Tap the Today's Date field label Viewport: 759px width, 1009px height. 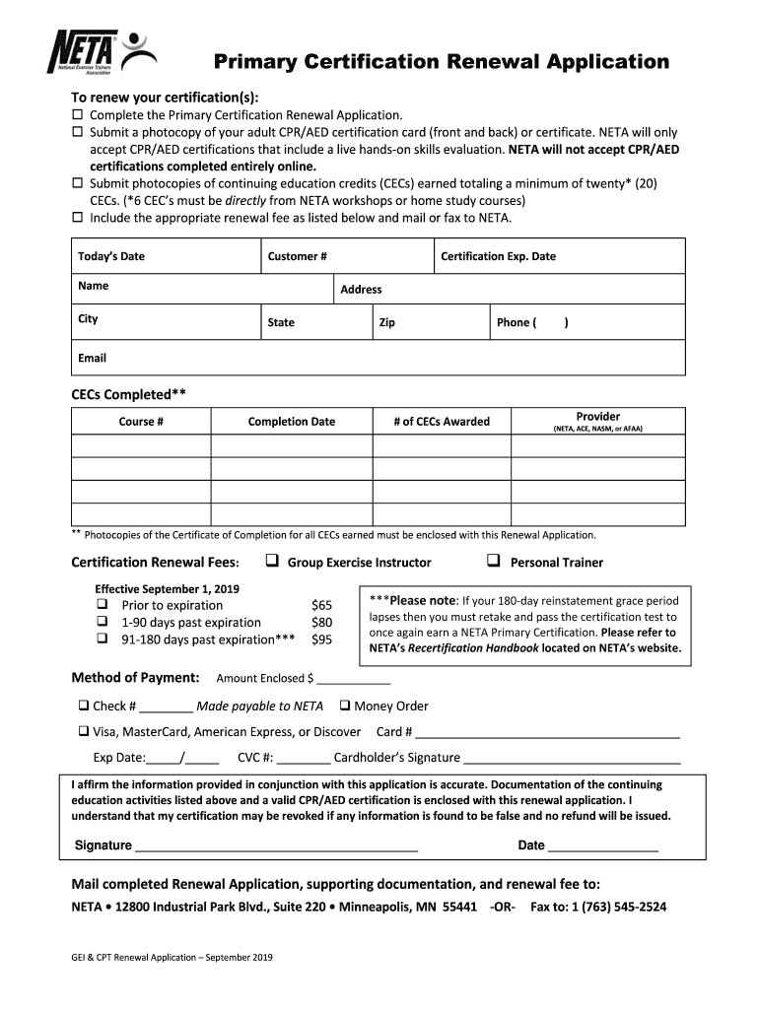pyautogui.click(x=111, y=256)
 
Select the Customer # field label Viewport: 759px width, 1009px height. pyautogui.click(x=298, y=256)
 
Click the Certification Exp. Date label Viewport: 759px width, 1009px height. pyautogui.click(x=498, y=256)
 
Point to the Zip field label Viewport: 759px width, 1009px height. pyautogui.click(x=386, y=322)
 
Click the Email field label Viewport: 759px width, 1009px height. pyautogui.click(x=93, y=358)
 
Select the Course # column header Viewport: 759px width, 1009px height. pyautogui.click(x=141, y=422)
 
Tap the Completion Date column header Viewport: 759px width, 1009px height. pyautogui.click(x=292, y=422)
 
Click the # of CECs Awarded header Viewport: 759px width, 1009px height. pyautogui.click(x=441, y=422)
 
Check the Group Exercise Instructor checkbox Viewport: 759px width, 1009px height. pyautogui.click(x=272, y=562)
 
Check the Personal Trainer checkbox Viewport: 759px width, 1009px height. pyautogui.click(x=494, y=562)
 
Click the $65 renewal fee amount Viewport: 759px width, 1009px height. pyautogui.click(x=321, y=605)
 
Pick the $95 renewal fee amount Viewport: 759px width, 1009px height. pyautogui.click(x=321, y=639)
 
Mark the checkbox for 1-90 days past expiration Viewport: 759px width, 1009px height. pyautogui.click(x=102, y=622)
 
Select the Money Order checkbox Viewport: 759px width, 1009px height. pyautogui.click(x=345, y=706)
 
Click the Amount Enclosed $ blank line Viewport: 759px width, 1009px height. pyautogui.click(x=354, y=679)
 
